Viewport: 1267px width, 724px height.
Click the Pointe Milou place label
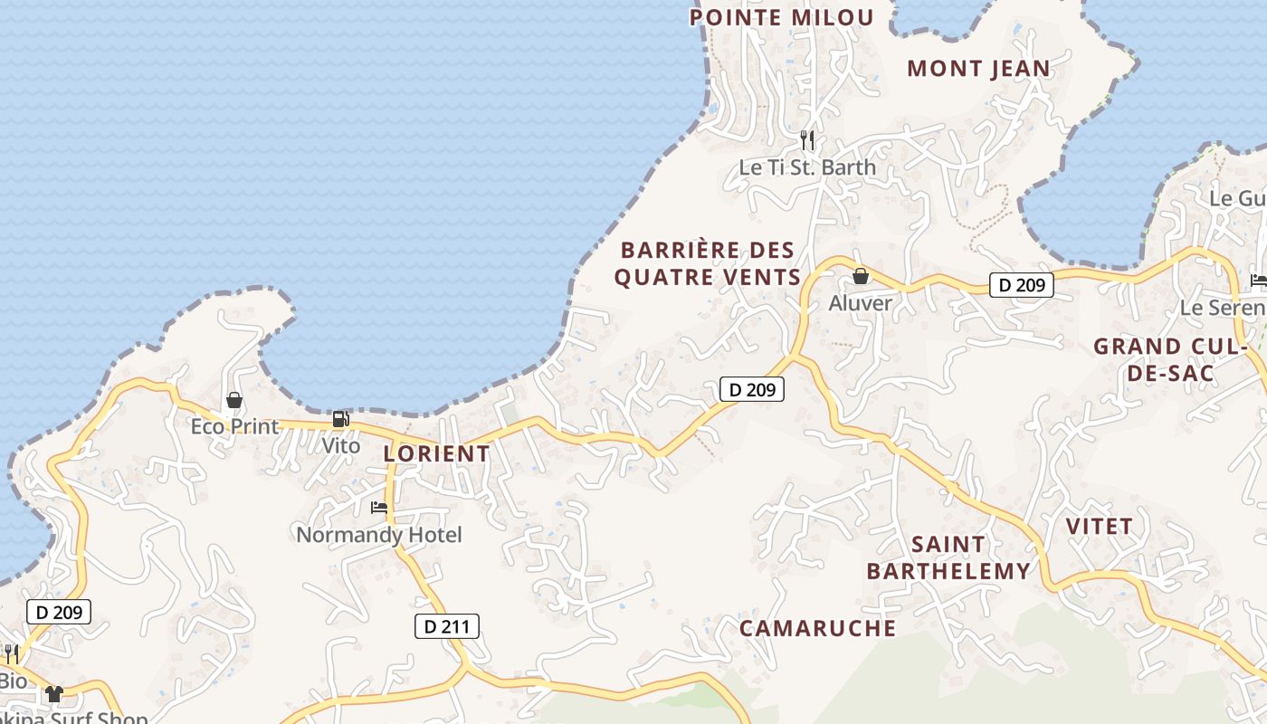[782, 17]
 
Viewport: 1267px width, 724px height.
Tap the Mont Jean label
[978, 68]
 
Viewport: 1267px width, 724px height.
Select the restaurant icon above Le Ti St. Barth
[807, 140]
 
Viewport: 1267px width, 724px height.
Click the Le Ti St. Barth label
[807, 167]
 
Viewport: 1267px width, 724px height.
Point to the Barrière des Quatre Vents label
[708, 263]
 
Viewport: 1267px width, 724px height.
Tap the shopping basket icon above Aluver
[861, 276]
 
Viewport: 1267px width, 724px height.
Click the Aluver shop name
[861, 303]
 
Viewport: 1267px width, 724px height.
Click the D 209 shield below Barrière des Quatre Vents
[751, 389]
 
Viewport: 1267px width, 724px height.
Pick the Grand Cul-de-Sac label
[1171, 359]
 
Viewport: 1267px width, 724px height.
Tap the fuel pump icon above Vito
[341, 419]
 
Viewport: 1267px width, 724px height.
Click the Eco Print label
[234, 426]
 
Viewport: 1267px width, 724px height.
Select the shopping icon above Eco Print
[234, 400]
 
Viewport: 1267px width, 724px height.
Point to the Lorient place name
[436, 453]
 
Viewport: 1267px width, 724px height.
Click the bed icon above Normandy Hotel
[379, 508]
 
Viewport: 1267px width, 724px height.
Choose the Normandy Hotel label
[379, 535]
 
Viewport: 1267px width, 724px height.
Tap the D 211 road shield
[446, 625]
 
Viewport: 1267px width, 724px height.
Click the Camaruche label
[817, 628]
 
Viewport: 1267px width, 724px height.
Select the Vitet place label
[1099, 526]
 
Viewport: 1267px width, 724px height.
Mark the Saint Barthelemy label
[948, 557]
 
